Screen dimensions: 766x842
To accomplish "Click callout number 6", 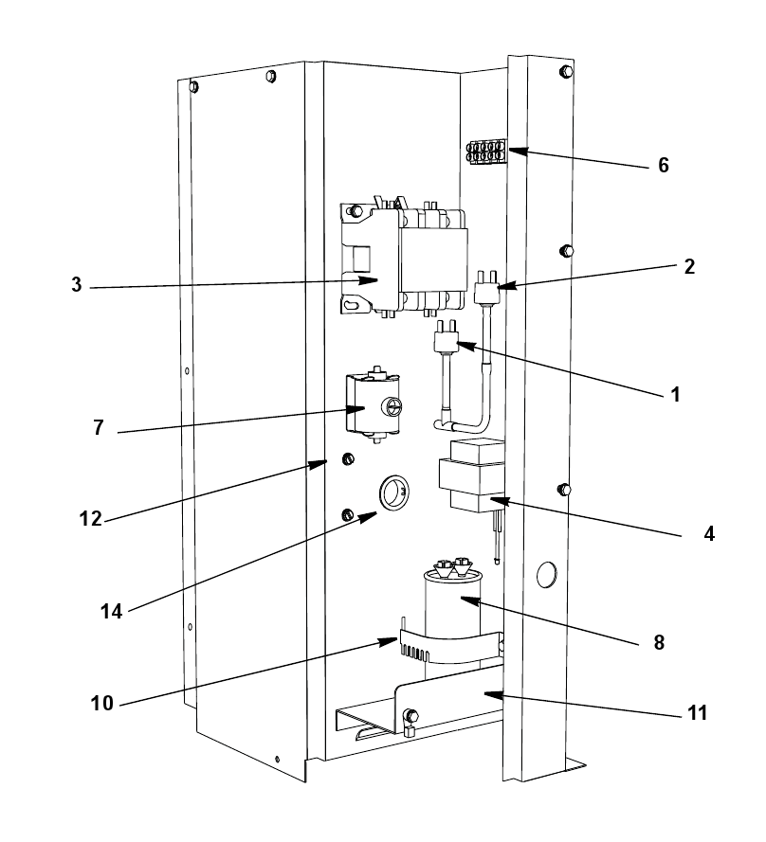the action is (x=664, y=166).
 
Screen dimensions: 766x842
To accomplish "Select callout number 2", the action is (x=689, y=267).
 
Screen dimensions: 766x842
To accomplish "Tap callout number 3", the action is (x=77, y=284).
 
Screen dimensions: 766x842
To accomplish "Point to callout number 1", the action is (x=676, y=395).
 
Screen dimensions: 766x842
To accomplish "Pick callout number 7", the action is (x=99, y=427).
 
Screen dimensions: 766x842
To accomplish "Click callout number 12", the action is (x=90, y=519).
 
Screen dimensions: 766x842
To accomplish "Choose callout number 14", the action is (x=111, y=611).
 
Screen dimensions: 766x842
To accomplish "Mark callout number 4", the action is (x=709, y=534).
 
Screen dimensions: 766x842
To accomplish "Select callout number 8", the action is (x=659, y=642).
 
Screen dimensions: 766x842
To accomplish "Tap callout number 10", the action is (x=102, y=703).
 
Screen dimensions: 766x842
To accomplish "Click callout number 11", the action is (x=697, y=712).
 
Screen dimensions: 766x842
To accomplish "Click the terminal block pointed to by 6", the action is (x=486, y=152).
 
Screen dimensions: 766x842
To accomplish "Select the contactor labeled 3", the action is (x=404, y=260).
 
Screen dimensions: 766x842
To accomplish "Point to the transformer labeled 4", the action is (x=472, y=475).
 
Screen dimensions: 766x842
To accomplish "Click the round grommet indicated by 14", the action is (x=394, y=493).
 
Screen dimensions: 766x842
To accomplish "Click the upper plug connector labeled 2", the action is (x=487, y=287).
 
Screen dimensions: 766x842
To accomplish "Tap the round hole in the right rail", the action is (x=547, y=575).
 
